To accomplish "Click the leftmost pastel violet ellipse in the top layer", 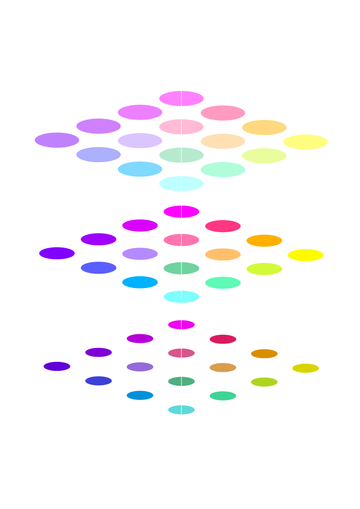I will click(55, 141).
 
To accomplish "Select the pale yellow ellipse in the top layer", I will click(304, 142).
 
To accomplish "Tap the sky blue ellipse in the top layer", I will click(140, 169).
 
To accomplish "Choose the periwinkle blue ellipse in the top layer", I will click(98, 155).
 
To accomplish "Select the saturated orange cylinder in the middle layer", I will click(263, 248).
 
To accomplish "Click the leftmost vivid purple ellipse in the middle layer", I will click(54, 254).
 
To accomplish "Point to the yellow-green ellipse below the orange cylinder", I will click(263, 269).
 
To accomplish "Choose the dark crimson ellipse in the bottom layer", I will click(222, 340).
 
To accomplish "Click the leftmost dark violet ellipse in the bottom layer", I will click(57, 368).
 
